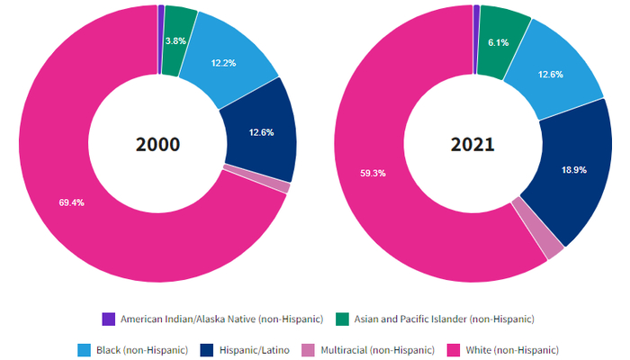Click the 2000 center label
click(x=157, y=144)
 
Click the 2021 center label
click(x=472, y=144)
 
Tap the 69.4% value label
click(x=71, y=202)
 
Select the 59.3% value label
click(x=373, y=172)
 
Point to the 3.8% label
click(x=175, y=40)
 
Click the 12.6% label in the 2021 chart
click(x=550, y=74)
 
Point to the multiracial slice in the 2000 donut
click(x=256, y=178)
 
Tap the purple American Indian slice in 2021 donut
click(x=476, y=11)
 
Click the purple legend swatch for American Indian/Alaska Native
click(x=109, y=319)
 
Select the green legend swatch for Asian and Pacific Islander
click(x=342, y=319)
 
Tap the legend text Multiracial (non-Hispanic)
click(x=378, y=349)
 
